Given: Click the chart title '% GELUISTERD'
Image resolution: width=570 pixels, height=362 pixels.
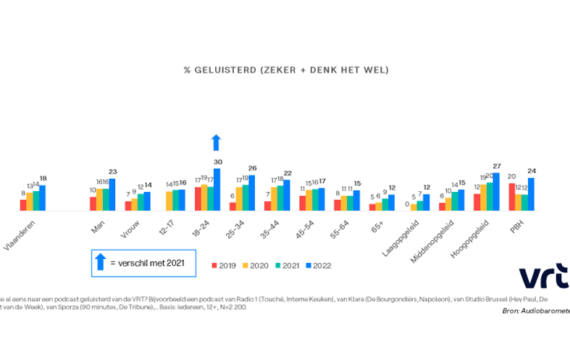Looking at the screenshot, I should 287,70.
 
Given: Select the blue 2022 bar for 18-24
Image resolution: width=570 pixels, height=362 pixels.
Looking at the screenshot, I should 217,190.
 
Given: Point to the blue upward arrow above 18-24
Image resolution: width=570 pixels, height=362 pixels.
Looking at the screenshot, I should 217,142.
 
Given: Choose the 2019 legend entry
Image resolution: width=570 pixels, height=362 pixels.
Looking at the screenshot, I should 227,265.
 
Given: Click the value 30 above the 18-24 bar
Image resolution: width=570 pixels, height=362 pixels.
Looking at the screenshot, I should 217,161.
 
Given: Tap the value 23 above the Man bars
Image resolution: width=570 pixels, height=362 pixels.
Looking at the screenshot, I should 112,172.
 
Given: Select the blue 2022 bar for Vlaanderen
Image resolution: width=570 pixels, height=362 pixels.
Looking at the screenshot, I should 43,198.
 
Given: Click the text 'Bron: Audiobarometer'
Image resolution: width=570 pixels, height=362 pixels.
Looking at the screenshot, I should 536,311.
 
